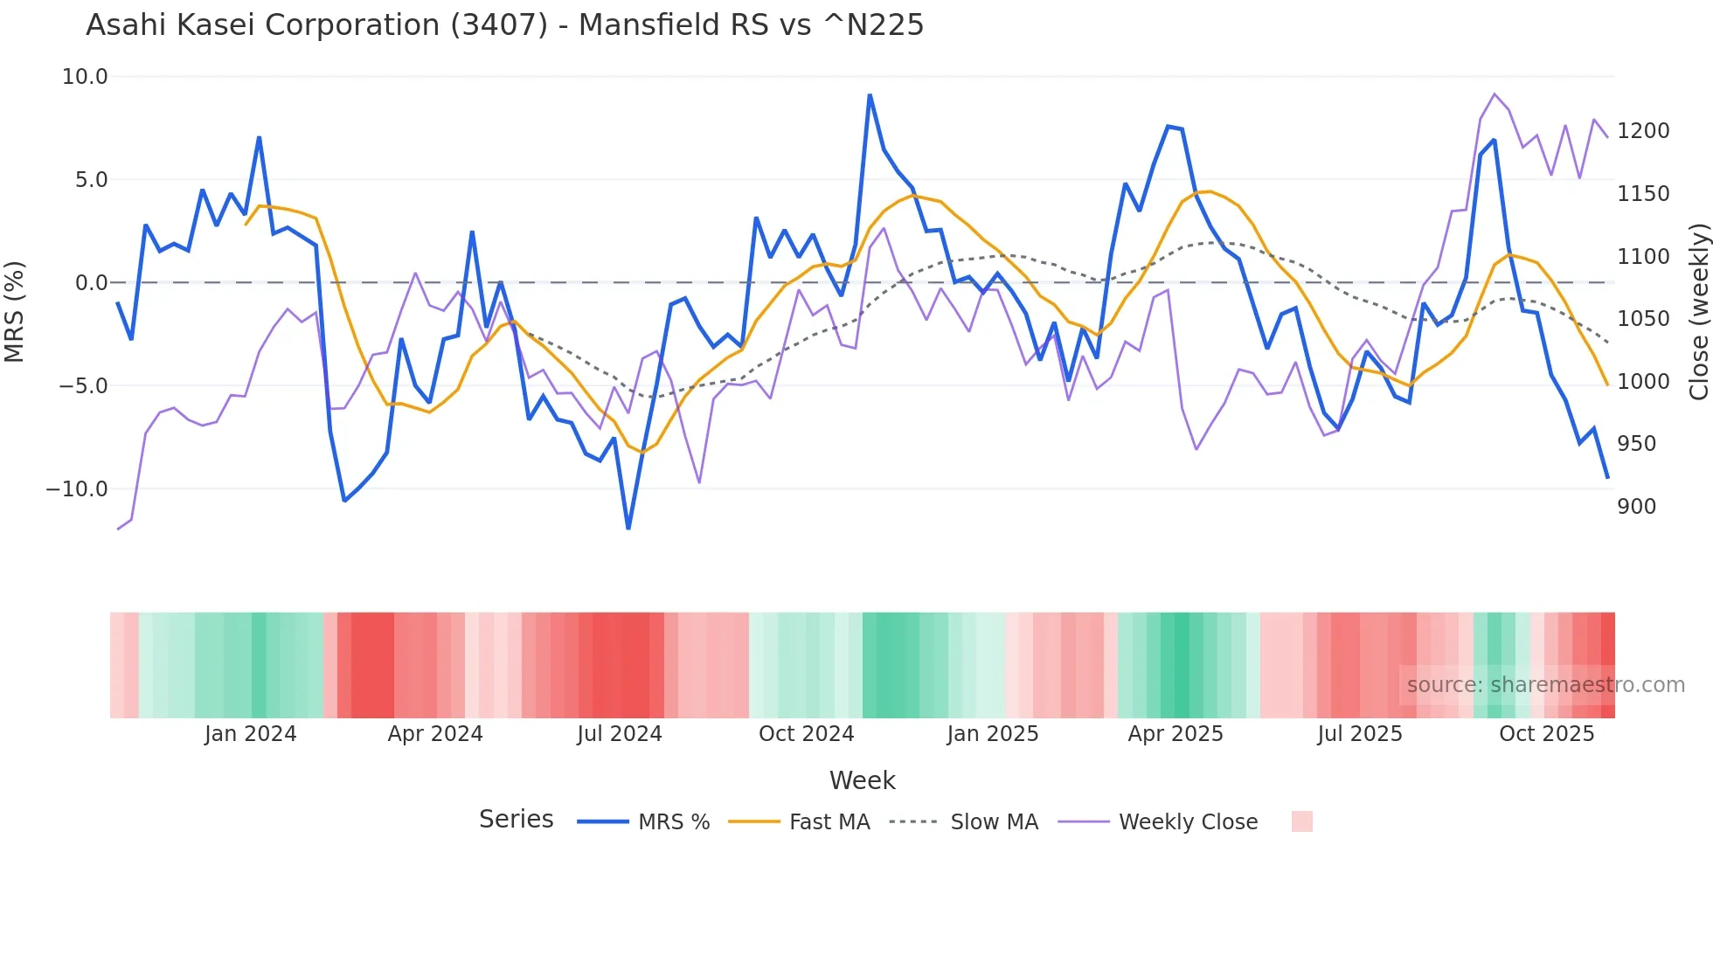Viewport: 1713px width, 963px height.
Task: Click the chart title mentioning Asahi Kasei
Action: pyautogui.click(x=504, y=25)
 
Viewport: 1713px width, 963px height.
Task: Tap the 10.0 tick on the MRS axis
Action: pyautogui.click(x=85, y=77)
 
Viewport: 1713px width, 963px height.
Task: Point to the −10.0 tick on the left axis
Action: pyautogui.click(x=77, y=489)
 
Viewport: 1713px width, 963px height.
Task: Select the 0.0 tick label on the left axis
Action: pyautogui.click(x=91, y=283)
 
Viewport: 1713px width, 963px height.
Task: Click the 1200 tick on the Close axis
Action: pyautogui.click(x=1643, y=131)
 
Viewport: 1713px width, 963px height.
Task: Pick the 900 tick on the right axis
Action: pyautogui.click(x=1636, y=507)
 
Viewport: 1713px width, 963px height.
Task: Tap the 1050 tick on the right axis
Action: pyautogui.click(x=1643, y=319)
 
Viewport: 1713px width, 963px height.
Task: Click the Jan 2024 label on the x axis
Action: pyautogui.click(x=251, y=734)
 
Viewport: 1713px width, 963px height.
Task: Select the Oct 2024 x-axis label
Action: pyautogui.click(x=806, y=734)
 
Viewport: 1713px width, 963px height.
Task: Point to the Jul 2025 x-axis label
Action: pyautogui.click(x=1360, y=734)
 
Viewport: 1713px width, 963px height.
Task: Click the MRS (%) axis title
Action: pyautogui.click(x=15, y=311)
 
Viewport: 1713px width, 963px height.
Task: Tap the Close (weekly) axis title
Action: pyautogui.click(x=1698, y=312)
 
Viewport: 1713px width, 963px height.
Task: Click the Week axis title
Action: pyautogui.click(x=862, y=780)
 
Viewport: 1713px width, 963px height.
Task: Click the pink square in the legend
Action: pyautogui.click(x=1301, y=821)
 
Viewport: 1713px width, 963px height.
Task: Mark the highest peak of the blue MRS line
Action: pyautogui.click(x=870, y=95)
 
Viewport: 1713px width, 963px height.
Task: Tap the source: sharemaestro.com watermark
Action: pyautogui.click(x=1545, y=685)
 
